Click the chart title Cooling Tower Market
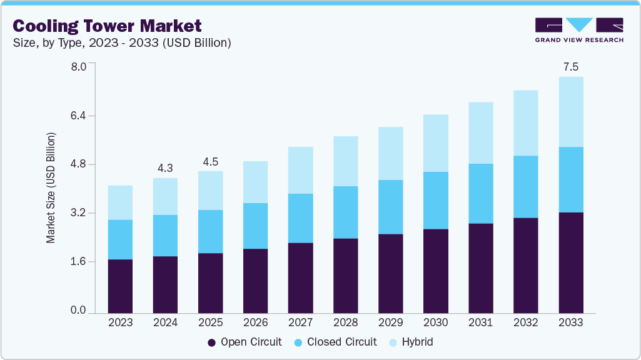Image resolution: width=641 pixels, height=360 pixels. click(x=108, y=26)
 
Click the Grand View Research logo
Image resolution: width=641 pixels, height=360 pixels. click(x=579, y=30)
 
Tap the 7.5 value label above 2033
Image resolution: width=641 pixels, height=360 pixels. click(x=570, y=66)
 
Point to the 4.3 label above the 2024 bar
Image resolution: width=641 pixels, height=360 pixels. click(x=165, y=167)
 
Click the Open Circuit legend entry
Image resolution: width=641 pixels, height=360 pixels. click(x=245, y=342)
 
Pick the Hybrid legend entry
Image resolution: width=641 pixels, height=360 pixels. click(x=411, y=342)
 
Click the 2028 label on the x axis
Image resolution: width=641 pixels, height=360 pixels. click(x=345, y=323)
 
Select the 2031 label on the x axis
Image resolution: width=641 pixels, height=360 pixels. click(x=480, y=323)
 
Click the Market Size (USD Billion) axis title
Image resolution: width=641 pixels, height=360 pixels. click(x=51, y=187)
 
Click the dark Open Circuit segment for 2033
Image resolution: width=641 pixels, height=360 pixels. click(x=570, y=262)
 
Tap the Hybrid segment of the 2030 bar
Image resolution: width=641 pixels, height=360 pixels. click(x=435, y=143)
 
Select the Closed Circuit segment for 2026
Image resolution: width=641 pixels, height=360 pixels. click(x=255, y=226)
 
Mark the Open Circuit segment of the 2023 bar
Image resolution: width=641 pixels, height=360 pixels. click(x=120, y=286)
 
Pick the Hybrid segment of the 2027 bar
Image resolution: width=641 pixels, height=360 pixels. click(x=300, y=170)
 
